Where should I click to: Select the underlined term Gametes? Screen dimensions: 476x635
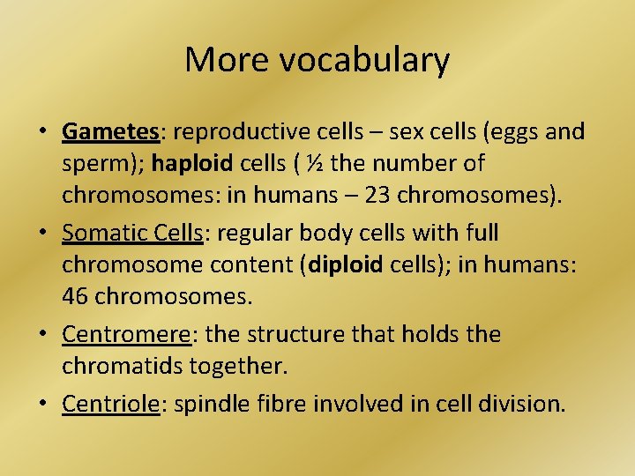click(x=110, y=132)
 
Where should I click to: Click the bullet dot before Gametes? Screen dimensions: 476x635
click(x=42, y=133)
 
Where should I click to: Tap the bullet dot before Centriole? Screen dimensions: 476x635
click(x=42, y=405)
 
